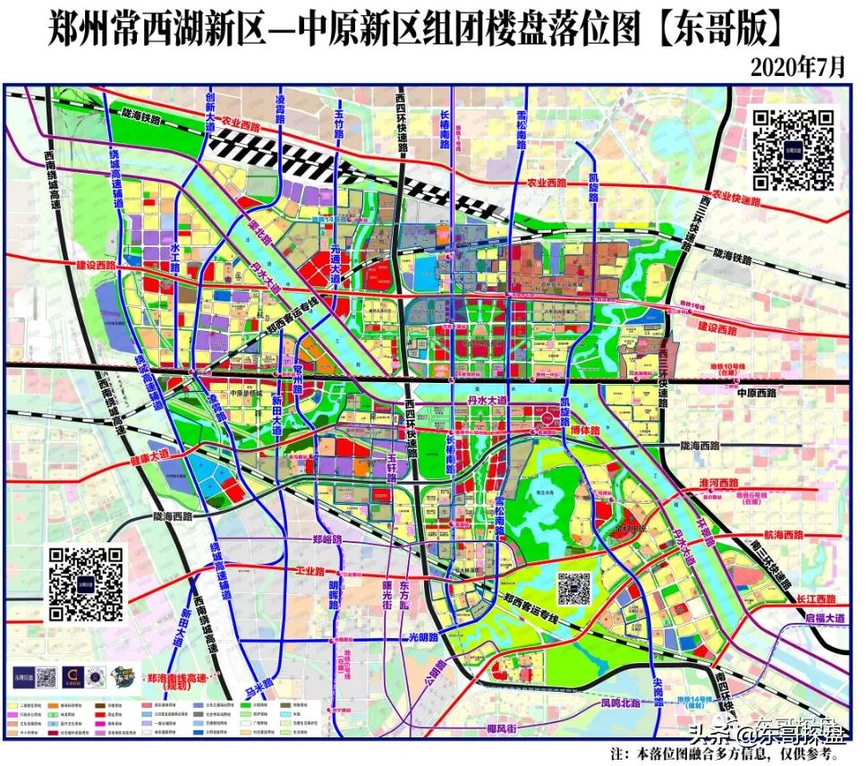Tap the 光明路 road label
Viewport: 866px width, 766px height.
point(426,637)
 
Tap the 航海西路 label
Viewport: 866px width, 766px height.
point(777,534)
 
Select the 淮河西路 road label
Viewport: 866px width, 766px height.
point(720,483)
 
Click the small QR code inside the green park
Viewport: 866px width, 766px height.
point(573,588)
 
